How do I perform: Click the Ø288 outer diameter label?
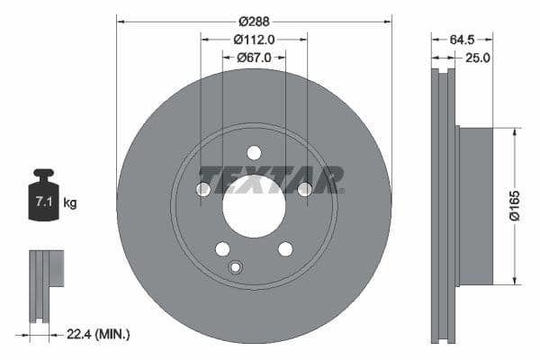click(254, 20)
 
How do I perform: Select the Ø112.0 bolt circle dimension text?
click(254, 39)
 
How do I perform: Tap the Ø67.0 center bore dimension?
click(254, 58)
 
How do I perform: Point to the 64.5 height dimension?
click(460, 39)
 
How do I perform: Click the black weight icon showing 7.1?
click(43, 193)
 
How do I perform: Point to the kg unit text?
click(69, 203)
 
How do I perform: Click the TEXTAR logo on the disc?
click(270, 179)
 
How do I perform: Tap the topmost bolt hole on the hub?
click(254, 152)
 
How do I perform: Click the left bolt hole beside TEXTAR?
click(203, 188)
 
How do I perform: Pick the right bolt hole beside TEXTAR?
click(304, 188)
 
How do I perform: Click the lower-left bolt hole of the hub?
click(222, 248)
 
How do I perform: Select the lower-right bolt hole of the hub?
click(285, 248)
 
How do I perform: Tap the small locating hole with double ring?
click(236, 266)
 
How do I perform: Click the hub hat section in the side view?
click(476, 204)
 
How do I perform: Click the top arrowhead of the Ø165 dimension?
click(515, 131)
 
